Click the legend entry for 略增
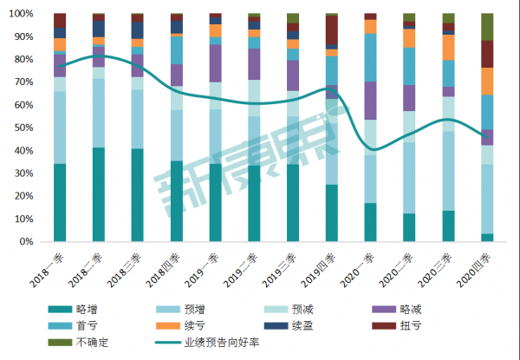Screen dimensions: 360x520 click(86, 308)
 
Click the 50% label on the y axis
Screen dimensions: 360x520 click(28, 128)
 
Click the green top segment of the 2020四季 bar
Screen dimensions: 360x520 click(487, 27)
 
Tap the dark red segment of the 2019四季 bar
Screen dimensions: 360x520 click(332, 30)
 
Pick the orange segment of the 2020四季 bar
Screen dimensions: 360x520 click(487, 81)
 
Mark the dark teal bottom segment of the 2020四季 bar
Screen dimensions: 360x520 click(487, 238)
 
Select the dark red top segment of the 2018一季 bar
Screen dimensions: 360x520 click(59, 20)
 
